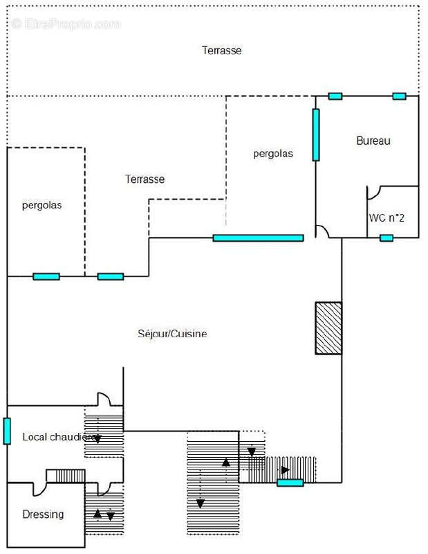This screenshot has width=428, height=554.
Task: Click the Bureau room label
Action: [373, 141]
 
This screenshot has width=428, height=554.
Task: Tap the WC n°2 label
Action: [387, 217]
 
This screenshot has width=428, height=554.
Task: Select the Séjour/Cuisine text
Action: [173, 334]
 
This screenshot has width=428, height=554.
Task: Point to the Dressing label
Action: [43, 515]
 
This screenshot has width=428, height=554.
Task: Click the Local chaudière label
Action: [58, 437]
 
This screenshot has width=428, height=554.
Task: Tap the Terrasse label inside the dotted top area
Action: [221, 50]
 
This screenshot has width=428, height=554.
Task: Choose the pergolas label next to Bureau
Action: [273, 154]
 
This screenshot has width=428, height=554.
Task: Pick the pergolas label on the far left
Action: [42, 205]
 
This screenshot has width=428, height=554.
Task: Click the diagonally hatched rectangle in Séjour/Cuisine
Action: [328, 328]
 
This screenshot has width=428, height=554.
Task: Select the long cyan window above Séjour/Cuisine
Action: [258, 238]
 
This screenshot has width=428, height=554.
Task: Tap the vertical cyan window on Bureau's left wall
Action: [315, 134]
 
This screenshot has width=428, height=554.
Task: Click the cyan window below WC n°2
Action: [387, 238]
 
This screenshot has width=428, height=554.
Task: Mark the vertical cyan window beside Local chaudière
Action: [7, 431]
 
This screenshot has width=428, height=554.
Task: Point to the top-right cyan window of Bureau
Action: [399, 96]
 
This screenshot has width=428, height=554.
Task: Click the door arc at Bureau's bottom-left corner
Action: [322, 231]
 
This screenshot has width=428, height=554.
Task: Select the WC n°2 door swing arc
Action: [374, 193]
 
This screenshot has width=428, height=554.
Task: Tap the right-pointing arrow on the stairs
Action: [285, 470]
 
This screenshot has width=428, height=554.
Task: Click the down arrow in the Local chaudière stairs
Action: [97, 438]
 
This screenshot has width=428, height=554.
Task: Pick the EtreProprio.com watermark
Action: [66, 24]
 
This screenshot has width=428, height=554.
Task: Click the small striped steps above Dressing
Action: [66, 476]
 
